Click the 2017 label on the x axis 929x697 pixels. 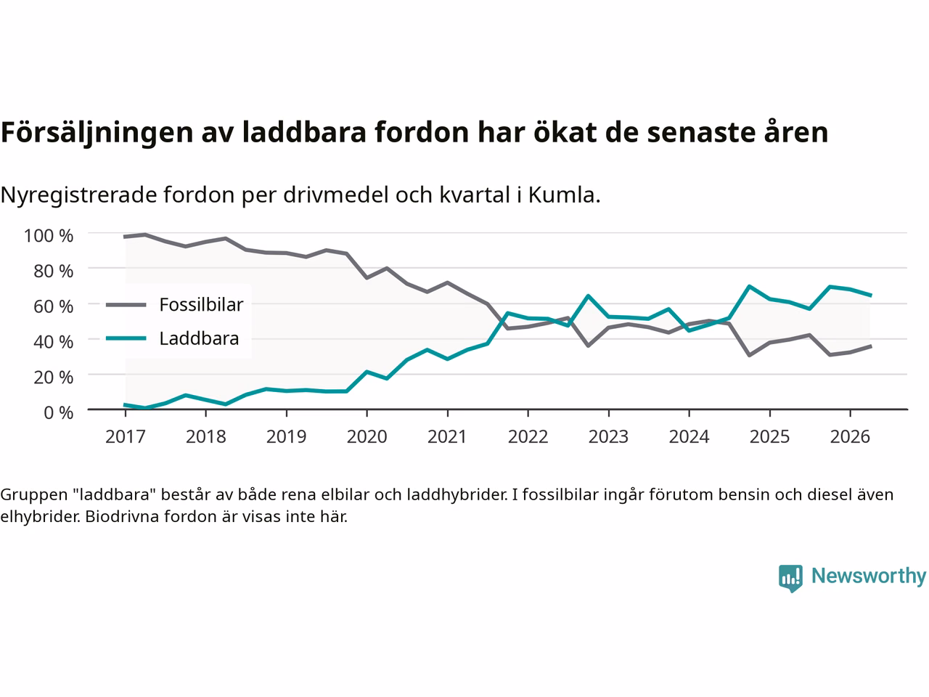[x=126, y=437]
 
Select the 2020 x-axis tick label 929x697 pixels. [x=367, y=437]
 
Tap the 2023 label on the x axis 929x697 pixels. [x=609, y=437]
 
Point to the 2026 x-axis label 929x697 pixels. [x=850, y=437]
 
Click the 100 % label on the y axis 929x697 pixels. [x=48, y=236]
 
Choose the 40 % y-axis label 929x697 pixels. [x=53, y=341]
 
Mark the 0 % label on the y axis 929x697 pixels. [x=58, y=412]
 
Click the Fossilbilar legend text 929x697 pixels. [x=201, y=305]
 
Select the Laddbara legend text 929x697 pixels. [x=199, y=338]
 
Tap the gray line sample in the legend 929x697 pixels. [x=126, y=305]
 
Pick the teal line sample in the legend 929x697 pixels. [x=126, y=338]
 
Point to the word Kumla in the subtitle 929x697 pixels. [x=562, y=195]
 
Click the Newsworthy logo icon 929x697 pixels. [x=790, y=579]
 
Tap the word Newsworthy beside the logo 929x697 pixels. [x=869, y=576]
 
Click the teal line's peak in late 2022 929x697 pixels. [x=589, y=295]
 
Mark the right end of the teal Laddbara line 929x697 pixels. [x=871, y=295]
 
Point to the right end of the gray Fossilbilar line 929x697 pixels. [x=871, y=346]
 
